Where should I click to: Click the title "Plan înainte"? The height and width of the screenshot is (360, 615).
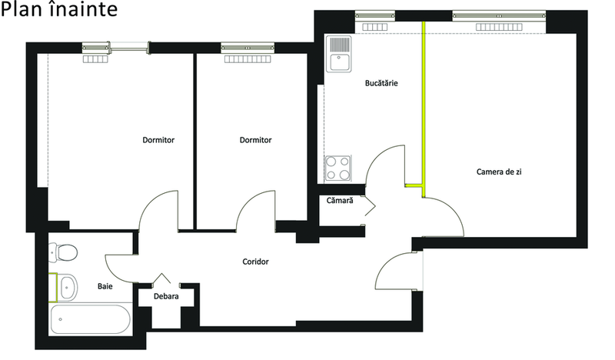point(59,9)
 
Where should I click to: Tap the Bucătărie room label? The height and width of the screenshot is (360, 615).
point(381,83)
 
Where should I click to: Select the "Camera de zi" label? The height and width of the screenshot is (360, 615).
point(499,172)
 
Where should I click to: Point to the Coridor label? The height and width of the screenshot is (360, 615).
point(255,262)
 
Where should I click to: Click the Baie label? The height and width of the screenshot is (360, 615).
point(105,286)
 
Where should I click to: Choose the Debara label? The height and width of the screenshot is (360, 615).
point(166,296)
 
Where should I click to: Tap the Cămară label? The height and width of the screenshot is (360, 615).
point(340,200)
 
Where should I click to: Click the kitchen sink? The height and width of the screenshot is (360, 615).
point(338,54)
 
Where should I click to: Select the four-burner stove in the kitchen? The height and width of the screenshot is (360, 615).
point(337,168)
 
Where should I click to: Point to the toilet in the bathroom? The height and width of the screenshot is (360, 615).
point(63,252)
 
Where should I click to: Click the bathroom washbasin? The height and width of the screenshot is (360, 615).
point(67,288)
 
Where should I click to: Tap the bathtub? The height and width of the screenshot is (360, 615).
point(90,319)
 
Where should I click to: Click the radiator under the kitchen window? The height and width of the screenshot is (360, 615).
point(374,27)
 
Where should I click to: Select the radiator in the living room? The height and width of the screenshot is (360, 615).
point(499,27)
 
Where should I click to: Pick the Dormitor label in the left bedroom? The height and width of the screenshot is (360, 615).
point(158,140)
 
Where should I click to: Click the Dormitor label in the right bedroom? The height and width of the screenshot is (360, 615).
point(255,140)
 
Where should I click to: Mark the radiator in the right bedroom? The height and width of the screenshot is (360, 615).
point(248,59)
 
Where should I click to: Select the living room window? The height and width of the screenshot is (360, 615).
point(499,15)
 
